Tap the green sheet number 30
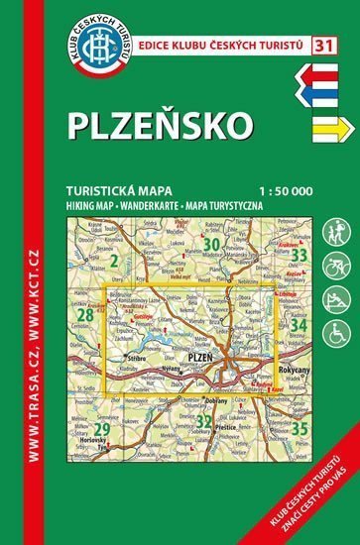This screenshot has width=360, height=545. point(210,245)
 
